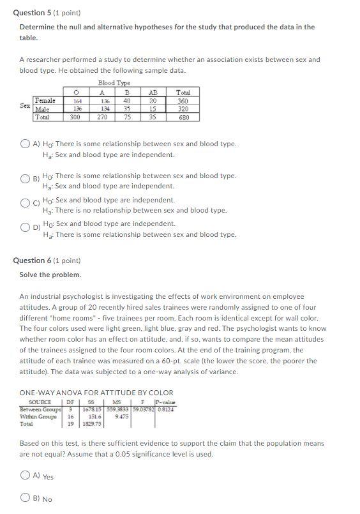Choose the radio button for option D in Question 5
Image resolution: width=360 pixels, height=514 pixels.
click(26, 228)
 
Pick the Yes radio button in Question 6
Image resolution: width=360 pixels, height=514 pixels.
click(26, 475)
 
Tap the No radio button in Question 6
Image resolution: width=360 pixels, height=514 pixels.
click(26, 498)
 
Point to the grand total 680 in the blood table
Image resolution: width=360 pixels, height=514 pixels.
click(183, 117)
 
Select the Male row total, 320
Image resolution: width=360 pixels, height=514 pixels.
click(183, 109)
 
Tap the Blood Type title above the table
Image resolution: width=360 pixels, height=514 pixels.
click(114, 84)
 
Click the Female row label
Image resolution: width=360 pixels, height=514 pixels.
click(45, 101)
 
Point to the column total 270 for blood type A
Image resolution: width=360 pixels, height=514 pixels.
click(102, 117)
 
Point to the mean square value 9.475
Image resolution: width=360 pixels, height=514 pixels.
click(122, 416)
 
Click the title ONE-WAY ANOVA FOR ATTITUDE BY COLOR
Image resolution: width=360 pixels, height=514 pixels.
click(96, 393)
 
